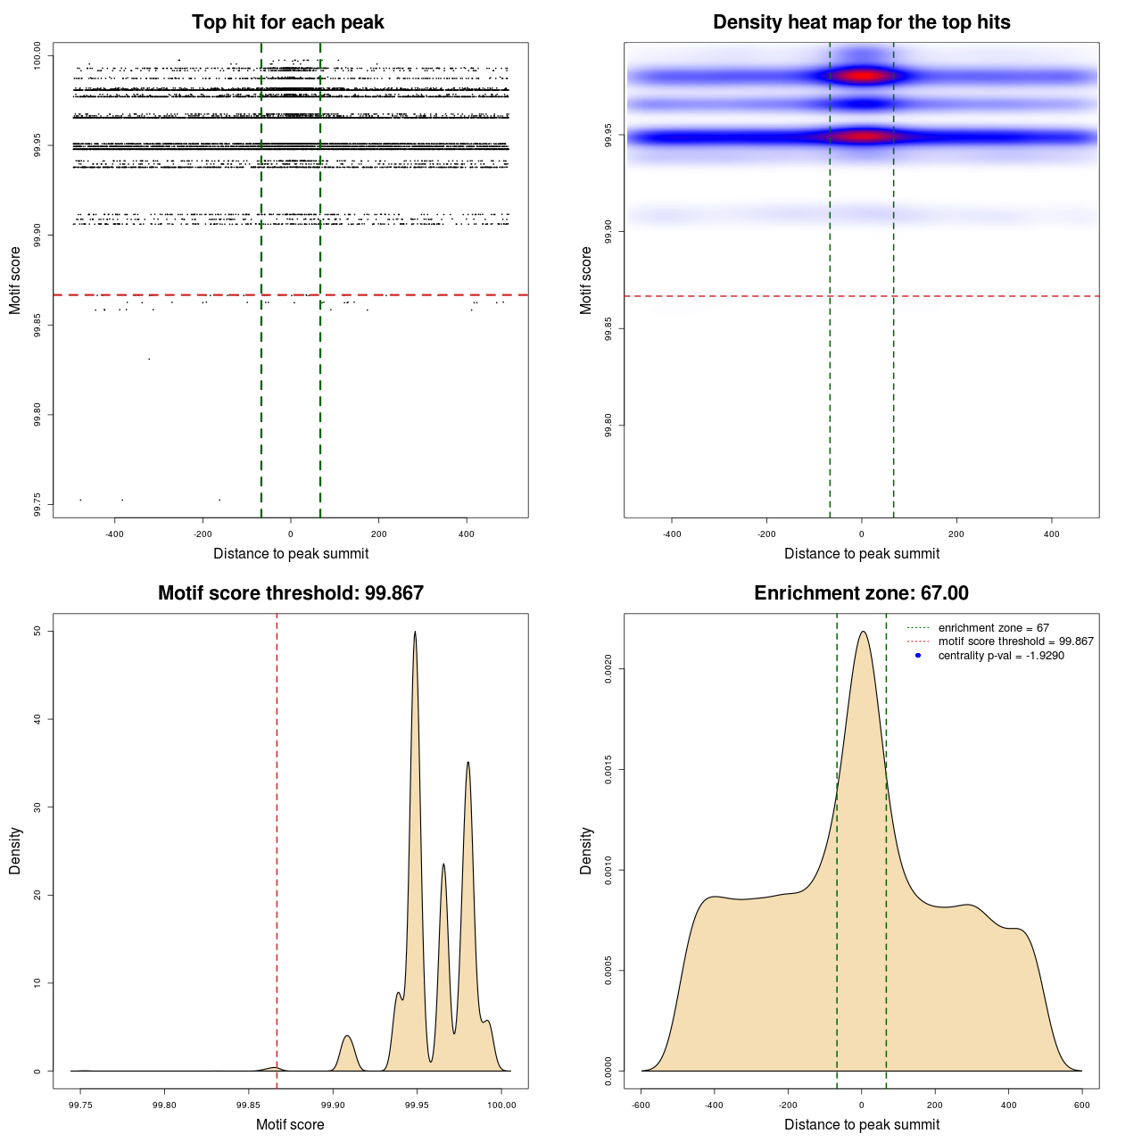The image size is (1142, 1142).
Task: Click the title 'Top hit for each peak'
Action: click(x=287, y=22)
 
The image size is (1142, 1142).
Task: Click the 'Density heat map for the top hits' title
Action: click(x=861, y=22)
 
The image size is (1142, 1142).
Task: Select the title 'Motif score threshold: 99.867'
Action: click(x=290, y=593)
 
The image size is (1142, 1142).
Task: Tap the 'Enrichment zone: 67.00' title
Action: click(x=861, y=593)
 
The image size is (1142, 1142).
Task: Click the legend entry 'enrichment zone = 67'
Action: click(x=993, y=628)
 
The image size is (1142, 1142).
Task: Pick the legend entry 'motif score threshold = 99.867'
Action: click(x=1015, y=641)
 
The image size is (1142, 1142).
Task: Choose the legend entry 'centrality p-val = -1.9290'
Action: click(x=1001, y=656)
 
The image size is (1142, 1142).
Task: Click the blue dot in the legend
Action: click(x=918, y=656)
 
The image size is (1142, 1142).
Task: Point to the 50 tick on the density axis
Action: click(x=37, y=631)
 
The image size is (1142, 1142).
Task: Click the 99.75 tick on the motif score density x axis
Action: click(x=80, y=1105)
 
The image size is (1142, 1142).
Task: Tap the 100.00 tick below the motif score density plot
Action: click(x=501, y=1105)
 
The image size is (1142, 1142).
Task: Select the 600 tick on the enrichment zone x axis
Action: click(x=1082, y=1105)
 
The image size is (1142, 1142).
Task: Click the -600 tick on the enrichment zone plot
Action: click(x=641, y=1105)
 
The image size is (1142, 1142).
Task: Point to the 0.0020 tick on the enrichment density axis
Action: click(x=608, y=669)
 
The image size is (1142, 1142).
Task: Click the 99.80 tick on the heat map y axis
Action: click(x=608, y=426)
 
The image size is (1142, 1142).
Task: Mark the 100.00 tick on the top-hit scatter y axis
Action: click(x=37, y=56)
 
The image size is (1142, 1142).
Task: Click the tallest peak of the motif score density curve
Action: click(x=415, y=633)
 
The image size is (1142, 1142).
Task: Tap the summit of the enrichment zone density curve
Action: click(x=862, y=632)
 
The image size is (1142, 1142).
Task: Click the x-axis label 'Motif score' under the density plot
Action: click(x=290, y=1124)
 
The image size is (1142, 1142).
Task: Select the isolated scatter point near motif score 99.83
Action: click(x=149, y=359)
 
